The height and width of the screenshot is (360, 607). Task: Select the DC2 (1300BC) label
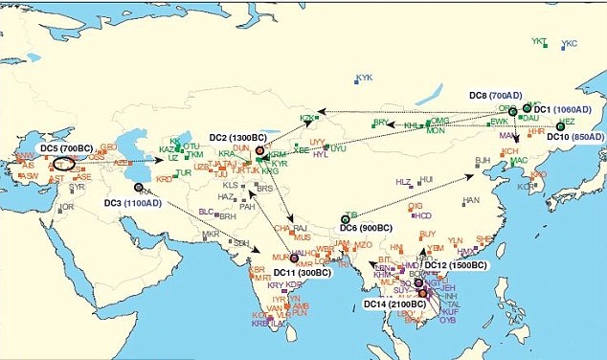pos(232,138)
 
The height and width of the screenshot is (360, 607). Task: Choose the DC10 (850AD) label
pos(574,137)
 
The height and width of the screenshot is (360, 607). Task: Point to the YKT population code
pos(539,42)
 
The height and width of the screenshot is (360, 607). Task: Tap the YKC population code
pos(570,45)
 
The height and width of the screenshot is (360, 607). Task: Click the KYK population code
pos(364,78)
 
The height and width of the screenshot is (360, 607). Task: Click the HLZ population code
pos(403,182)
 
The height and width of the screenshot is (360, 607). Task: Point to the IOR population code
pos(67,207)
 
